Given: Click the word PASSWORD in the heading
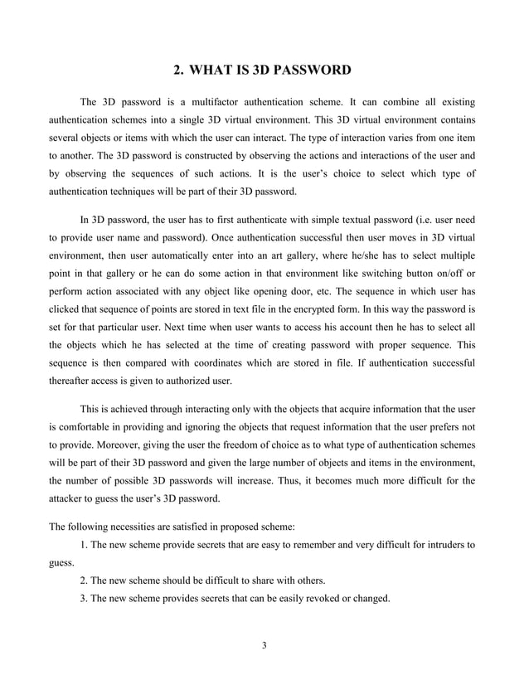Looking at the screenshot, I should (312, 70).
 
